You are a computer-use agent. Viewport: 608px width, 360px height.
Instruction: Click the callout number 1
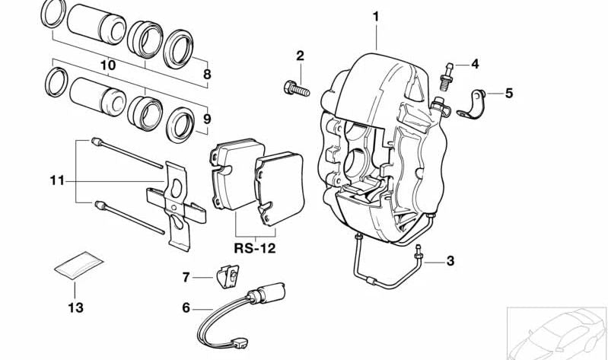375,15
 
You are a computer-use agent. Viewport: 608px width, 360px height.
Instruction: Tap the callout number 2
300,56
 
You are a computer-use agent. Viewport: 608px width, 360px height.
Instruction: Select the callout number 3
450,261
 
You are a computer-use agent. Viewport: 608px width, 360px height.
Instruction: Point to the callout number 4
475,64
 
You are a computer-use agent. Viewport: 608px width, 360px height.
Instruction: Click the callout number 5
509,94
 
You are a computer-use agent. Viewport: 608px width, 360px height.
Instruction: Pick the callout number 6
186,308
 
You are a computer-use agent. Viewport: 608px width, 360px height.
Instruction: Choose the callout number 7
186,277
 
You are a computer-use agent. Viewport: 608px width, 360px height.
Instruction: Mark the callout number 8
206,75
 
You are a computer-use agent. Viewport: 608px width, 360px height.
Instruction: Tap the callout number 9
206,119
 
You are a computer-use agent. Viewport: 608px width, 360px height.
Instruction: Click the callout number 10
107,66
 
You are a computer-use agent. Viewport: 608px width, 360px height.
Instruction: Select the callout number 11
58,181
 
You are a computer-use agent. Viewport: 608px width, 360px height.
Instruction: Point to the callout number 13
75,308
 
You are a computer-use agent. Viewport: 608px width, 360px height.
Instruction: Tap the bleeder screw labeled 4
447,72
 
